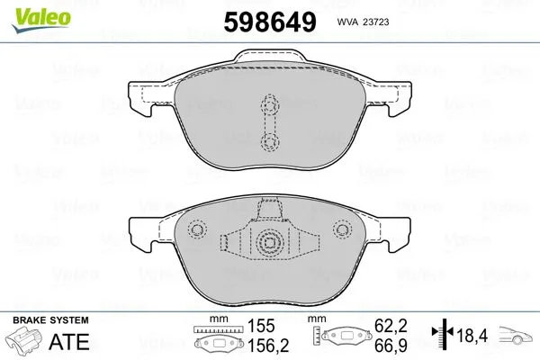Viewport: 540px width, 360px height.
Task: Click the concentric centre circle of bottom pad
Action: tap(269, 242)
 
